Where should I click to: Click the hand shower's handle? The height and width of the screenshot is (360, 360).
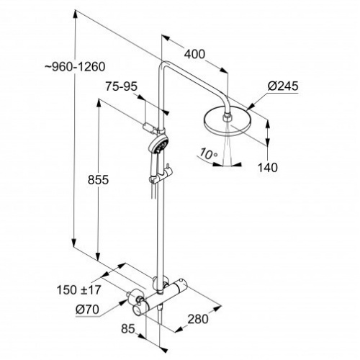pos(153,173)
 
